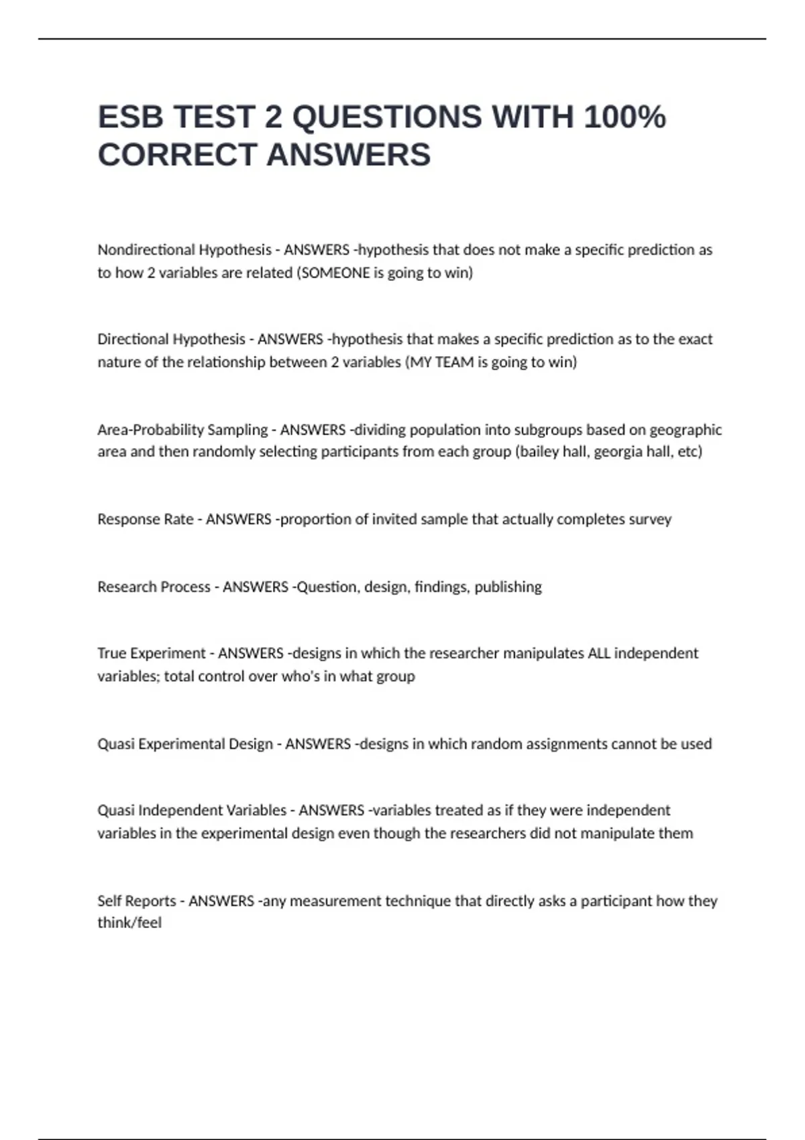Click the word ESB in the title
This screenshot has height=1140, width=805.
[130, 117]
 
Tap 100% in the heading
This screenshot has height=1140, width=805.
[625, 117]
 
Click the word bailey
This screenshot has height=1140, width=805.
[539, 451]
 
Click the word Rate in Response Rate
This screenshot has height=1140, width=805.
[178, 519]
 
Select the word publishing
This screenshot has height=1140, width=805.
[508, 587]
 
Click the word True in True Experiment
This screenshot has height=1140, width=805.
[112, 653]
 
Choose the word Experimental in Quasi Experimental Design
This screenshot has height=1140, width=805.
[183, 744]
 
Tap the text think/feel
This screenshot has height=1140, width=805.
[129, 923]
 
